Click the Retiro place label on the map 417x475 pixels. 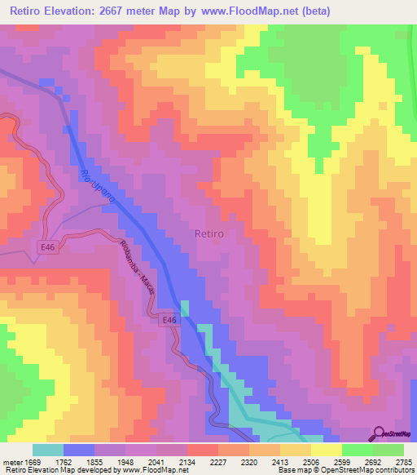click(210, 233)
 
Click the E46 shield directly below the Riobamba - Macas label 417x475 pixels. click(169, 322)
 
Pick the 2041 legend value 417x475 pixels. click(156, 461)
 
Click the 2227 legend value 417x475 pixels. click(218, 461)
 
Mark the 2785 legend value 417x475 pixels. click(403, 461)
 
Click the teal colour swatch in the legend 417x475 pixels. click(48, 450)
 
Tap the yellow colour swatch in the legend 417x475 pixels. click(326, 450)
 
